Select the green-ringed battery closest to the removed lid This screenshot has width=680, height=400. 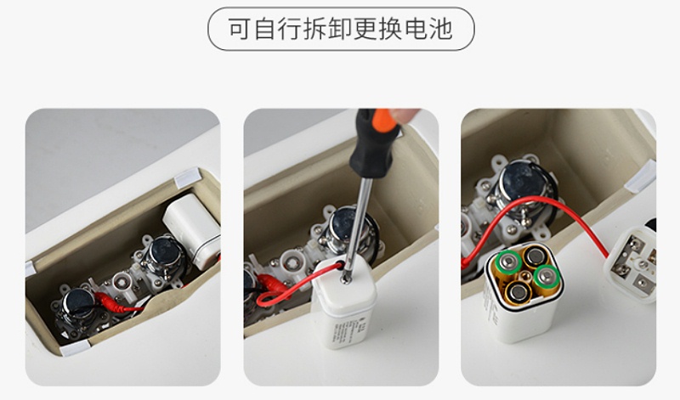click(x=545, y=278)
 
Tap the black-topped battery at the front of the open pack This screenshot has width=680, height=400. click(x=517, y=294)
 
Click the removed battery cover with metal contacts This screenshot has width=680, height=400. click(x=633, y=263)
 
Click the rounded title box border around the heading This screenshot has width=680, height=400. click(x=341, y=10)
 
